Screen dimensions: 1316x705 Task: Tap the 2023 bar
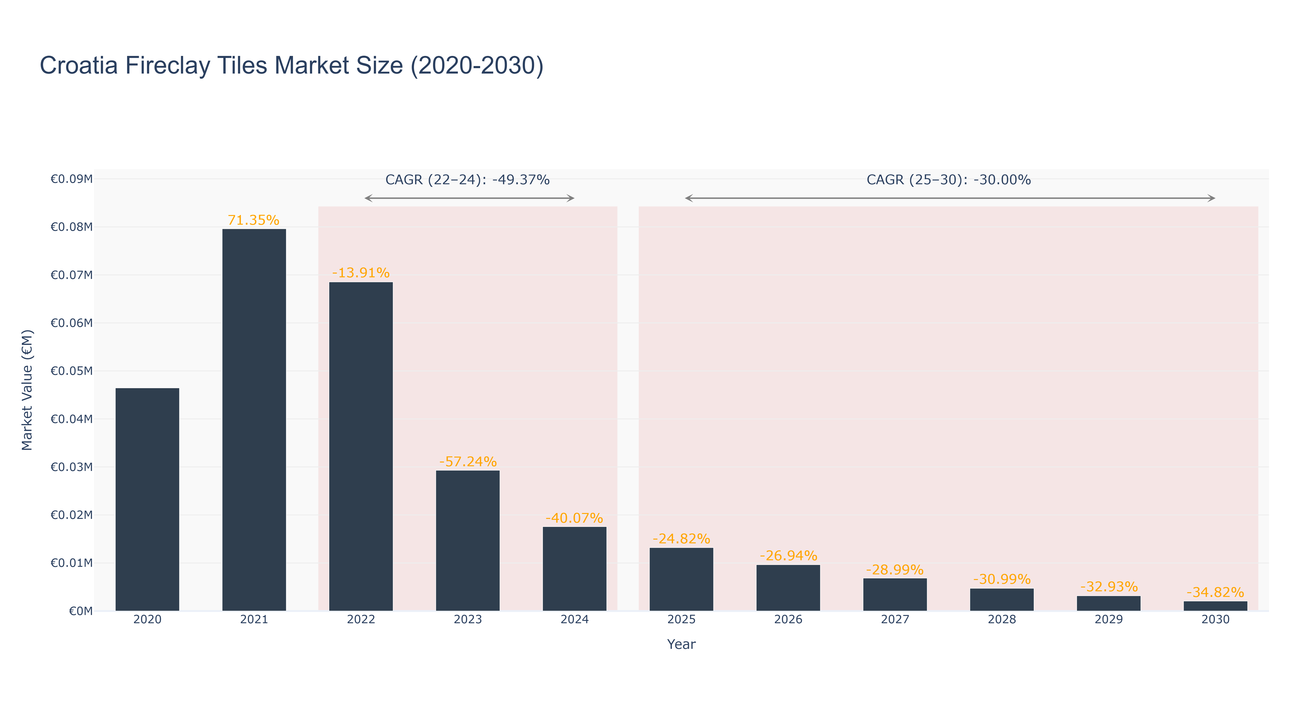tap(467, 540)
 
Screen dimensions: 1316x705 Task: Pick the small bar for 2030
tap(1215, 606)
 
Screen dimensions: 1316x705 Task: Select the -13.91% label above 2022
tap(361, 273)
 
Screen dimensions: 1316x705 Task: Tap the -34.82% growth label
tap(1215, 593)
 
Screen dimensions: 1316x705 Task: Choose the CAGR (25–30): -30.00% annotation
tap(949, 180)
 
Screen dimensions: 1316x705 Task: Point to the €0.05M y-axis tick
tap(71, 371)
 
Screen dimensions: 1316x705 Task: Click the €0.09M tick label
tap(71, 179)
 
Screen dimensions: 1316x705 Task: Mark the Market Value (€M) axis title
tap(27, 390)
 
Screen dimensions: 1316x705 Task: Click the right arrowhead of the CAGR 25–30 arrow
tap(1212, 198)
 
